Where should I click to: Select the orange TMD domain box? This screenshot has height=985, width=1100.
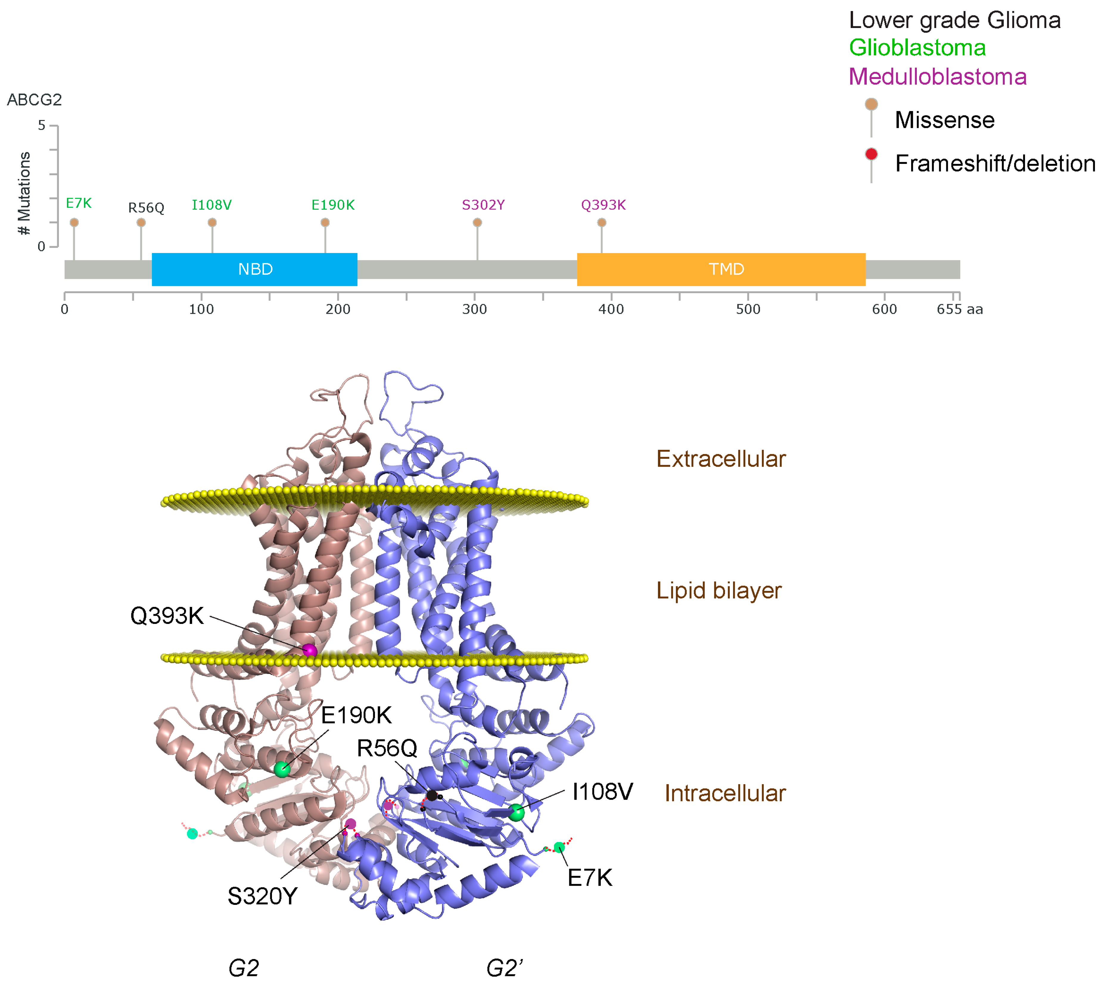(721, 269)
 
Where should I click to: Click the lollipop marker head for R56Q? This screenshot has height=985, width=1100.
(141, 223)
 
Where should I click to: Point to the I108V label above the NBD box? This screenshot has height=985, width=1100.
(211, 205)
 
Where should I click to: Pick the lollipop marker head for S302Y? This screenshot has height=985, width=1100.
(477, 223)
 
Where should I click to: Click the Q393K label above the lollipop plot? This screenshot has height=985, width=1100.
(603, 205)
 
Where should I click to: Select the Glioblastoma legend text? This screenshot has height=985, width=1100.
(917, 48)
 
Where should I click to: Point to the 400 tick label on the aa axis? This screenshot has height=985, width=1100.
(612, 310)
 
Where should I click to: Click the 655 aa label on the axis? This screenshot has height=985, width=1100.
(959, 310)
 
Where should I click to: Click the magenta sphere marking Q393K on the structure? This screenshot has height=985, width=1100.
(309, 650)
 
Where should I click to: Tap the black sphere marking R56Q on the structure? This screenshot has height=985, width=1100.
(432, 795)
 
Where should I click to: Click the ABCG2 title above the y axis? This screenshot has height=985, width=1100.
(34, 100)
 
